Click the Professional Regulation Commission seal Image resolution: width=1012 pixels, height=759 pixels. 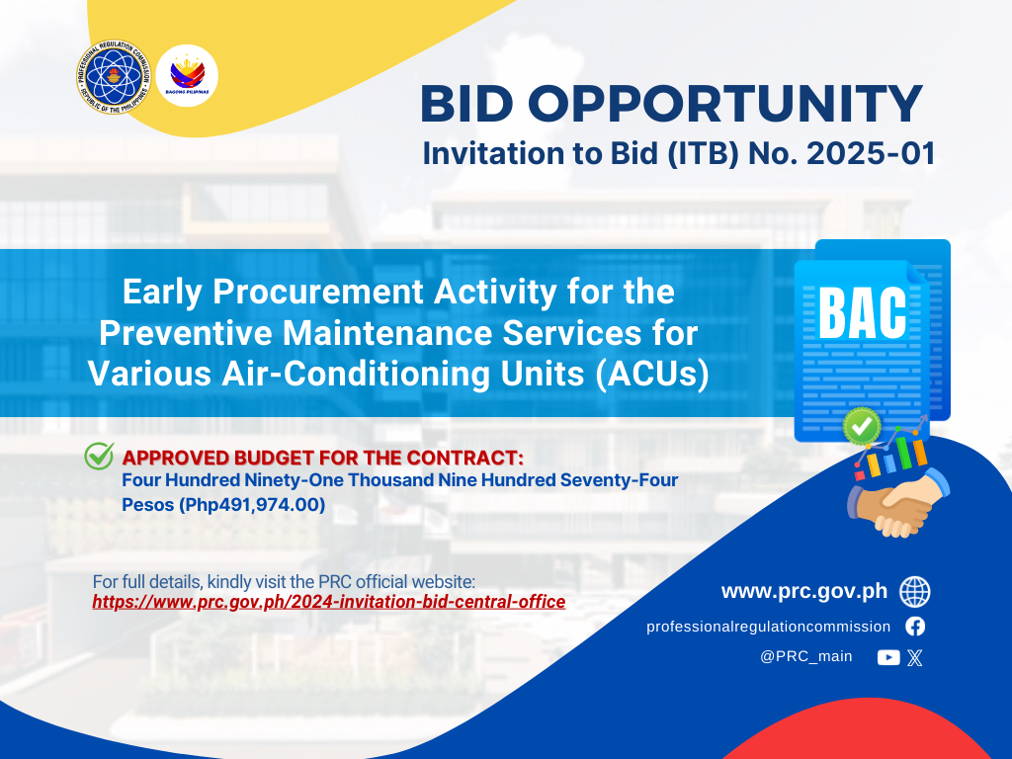[113, 76]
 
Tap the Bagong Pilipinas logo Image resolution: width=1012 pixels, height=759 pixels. [187, 75]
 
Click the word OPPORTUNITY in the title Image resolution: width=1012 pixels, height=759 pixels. [725, 103]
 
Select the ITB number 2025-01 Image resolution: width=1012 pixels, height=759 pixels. [871, 153]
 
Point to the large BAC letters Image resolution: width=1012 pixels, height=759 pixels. [863, 313]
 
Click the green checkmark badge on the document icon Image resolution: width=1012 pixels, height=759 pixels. [862, 426]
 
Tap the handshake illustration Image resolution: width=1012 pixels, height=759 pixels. [898, 502]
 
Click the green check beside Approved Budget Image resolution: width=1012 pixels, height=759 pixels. [100, 456]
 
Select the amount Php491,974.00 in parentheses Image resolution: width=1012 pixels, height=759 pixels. [252, 504]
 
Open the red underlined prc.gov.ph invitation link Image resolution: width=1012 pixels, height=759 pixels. [328, 602]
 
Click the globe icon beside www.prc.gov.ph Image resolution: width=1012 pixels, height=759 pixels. [915, 592]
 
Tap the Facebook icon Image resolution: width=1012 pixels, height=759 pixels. [915, 626]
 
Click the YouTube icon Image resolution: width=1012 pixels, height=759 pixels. [888, 657]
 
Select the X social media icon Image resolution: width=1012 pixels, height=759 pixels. [914, 657]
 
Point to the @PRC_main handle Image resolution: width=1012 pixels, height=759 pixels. [806, 656]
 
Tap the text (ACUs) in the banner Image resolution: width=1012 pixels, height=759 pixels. [652, 375]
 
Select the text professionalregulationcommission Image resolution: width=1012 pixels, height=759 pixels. [768, 627]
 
